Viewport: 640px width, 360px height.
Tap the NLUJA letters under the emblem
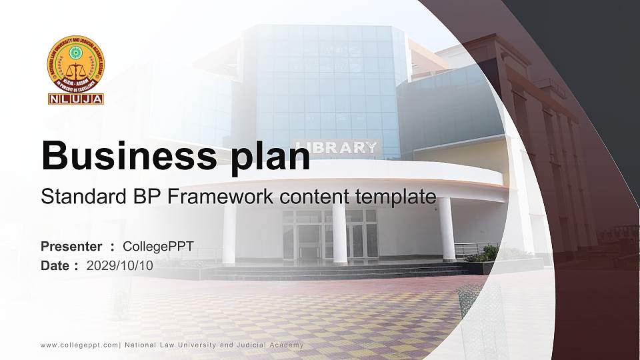(x=75, y=99)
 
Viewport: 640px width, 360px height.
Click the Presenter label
(x=71, y=247)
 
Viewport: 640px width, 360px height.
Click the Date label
(x=55, y=265)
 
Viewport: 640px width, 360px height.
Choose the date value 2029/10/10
(x=120, y=265)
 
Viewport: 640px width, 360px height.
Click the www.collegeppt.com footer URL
(x=79, y=345)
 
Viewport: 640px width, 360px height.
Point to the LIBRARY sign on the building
(x=337, y=148)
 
